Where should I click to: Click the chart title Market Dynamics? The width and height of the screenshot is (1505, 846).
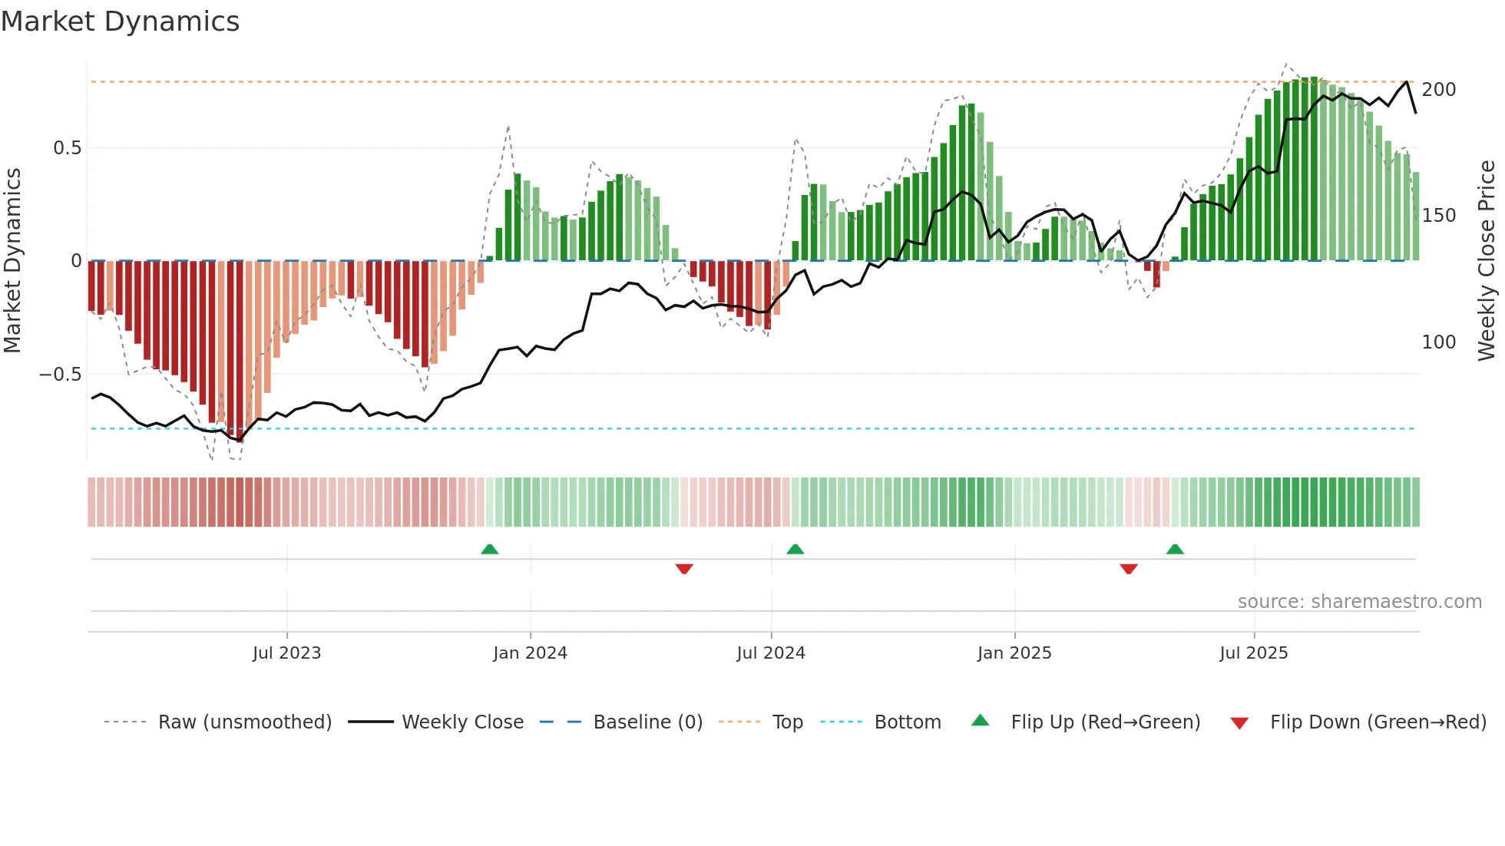coord(120,21)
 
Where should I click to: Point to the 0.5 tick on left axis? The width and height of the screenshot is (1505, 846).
coord(67,148)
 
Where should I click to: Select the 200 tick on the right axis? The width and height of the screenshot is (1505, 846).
coord(1438,90)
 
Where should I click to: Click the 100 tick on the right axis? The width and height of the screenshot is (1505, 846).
coord(1438,342)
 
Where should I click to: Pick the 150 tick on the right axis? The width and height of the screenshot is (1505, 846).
coord(1438,216)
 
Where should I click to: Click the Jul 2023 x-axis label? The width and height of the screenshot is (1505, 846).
coord(286,653)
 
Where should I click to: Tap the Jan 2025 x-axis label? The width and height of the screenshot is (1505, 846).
coord(1014,653)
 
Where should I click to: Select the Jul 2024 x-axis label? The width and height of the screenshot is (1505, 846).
coord(770,653)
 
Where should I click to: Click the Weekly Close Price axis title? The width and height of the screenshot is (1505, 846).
coord(1487,261)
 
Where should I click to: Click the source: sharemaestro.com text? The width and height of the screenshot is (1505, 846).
coord(1359,602)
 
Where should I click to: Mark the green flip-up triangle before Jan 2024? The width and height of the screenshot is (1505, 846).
coord(489,549)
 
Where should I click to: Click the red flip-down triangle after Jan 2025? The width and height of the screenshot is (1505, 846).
coord(1128,569)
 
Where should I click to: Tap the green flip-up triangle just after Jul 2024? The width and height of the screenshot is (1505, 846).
coord(795,549)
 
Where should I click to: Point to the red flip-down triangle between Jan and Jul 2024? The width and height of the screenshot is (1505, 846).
coord(683,569)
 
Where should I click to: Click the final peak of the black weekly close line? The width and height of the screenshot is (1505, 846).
coord(1407,81)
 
